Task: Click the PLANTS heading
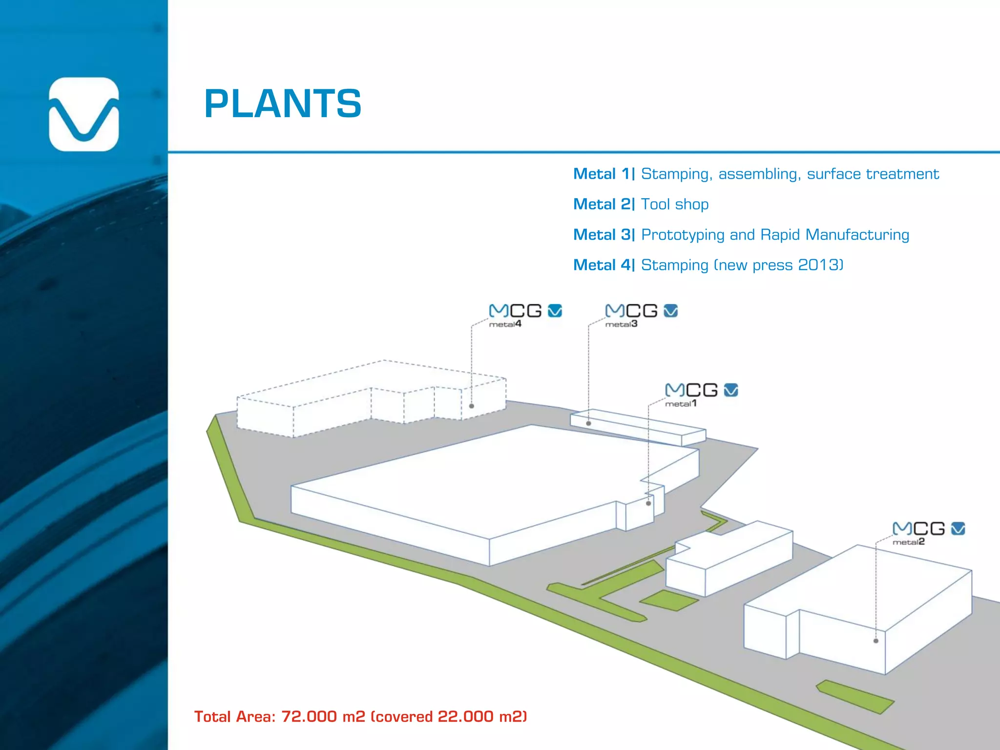point(283,104)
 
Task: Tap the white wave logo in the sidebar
point(84,114)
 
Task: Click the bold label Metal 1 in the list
point(604,174)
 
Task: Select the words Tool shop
point(674,204)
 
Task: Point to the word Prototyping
point(682,235)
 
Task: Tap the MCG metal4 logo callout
point(525,315)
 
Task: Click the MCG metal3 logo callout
point(641,315)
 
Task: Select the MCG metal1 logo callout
point(701,395)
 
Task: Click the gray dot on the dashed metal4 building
point(472,406)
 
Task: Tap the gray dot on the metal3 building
point(588,423)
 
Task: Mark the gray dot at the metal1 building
point(648,503)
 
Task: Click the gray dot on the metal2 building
point(876,641)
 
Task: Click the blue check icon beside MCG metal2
point(958,528)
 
